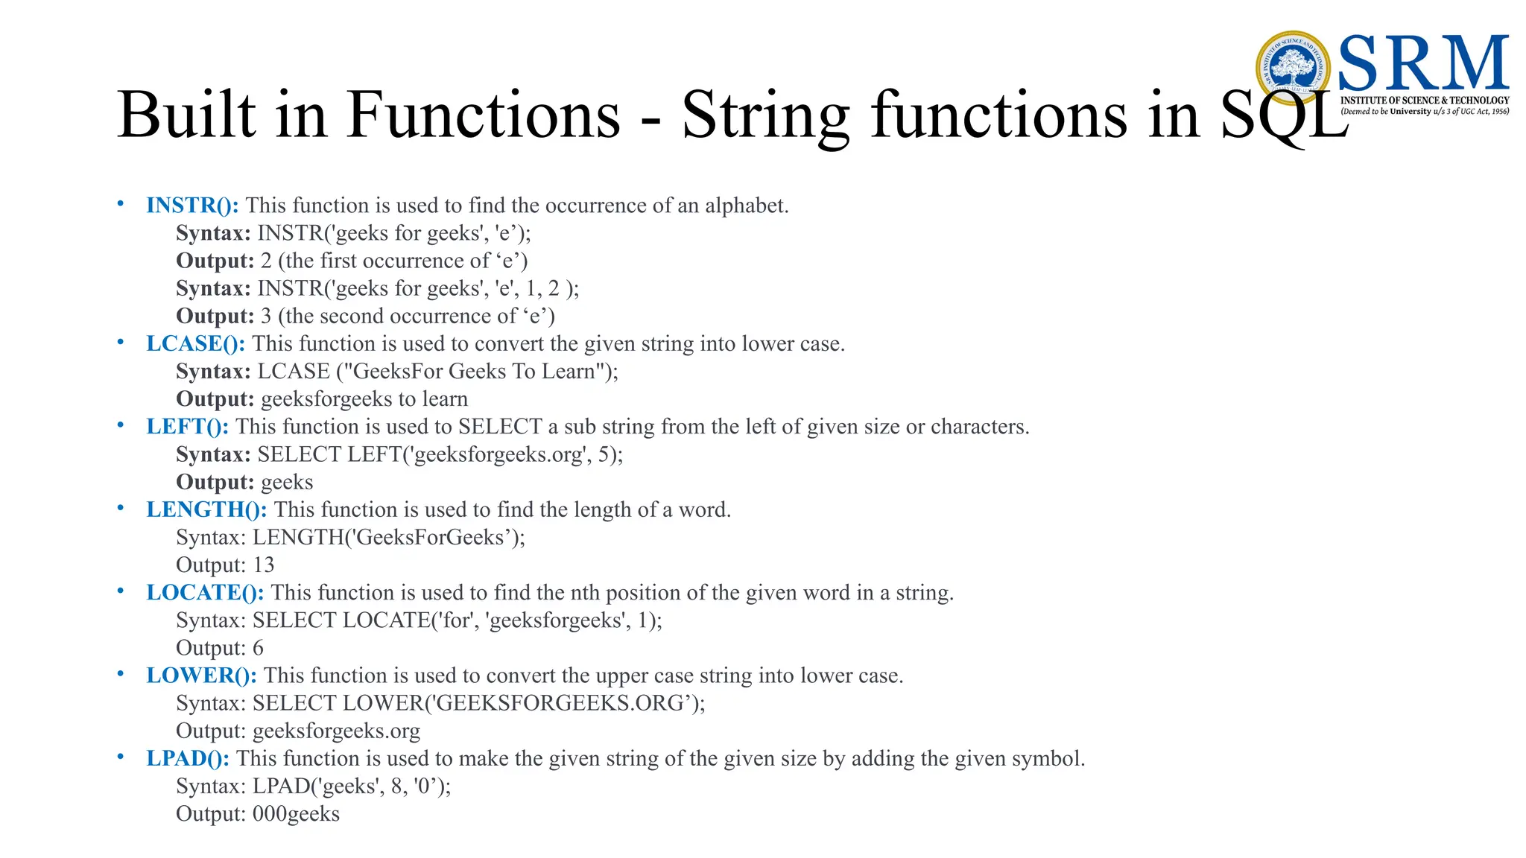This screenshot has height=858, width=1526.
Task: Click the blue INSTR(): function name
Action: pos(192,206)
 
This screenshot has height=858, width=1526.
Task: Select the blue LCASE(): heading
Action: pos(195,344)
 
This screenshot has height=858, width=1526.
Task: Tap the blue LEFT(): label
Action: pos(187,427)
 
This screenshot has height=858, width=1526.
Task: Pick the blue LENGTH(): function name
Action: pos(206,510)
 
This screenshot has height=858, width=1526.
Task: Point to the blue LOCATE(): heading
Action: pos(205,593)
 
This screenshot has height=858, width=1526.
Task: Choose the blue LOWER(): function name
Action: pos(201,676)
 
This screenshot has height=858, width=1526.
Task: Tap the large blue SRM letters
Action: pos(1423,64)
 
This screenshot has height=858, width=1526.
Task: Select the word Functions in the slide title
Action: pos(484,115)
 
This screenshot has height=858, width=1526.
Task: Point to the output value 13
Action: pos(263,565)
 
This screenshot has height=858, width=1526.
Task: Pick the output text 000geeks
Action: pos(296,814)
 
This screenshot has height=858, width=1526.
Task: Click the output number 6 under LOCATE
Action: pos(258,648)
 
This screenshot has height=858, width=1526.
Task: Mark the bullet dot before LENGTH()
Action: pos(120,508)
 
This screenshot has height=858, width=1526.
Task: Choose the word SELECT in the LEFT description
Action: pos(499,427)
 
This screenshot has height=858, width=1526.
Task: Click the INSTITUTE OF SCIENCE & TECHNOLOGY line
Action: pos(1424,101)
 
